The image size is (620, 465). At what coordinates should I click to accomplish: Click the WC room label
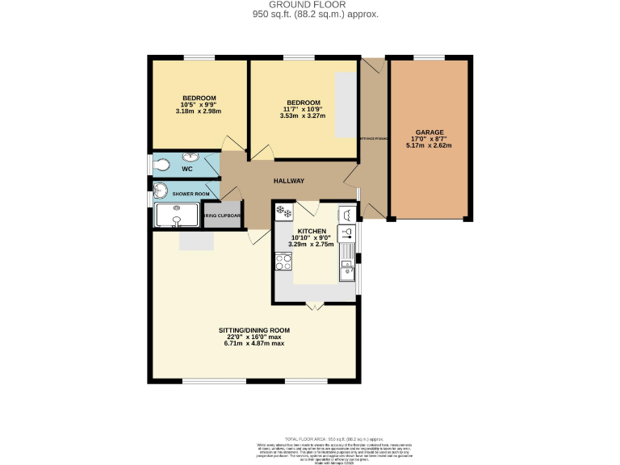click(186, 170)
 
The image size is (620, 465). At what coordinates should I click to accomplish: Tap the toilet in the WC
click(161, 165)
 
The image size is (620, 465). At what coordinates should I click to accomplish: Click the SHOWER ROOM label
click(191, 195)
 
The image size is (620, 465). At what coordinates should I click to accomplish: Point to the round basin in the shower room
click(159, 192)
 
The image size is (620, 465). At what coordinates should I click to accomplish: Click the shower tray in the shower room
click(175, 216)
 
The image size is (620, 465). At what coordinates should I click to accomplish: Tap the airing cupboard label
click(222, 216)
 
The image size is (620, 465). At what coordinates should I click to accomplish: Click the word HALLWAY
click(288, 181)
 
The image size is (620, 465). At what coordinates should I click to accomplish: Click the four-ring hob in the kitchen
click(283, 261)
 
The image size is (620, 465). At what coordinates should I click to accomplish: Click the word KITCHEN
click(312, 231)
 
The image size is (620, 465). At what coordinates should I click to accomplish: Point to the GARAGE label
click(429, 132)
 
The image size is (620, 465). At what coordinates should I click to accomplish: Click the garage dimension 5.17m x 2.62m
click(429, 146)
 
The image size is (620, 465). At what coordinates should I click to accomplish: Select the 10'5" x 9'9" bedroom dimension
click(198, 105)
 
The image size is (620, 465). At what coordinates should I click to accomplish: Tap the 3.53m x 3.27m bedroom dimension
click(303, 116)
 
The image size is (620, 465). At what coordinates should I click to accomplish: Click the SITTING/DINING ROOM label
click(254, 330)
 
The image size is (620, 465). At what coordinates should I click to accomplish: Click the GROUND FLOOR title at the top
click(315, 5)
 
